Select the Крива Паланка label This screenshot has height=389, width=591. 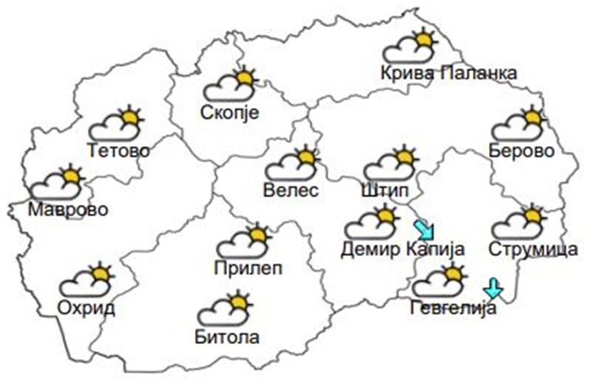[448, 73]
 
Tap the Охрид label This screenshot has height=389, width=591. [86, 307]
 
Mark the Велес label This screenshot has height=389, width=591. [290, 190]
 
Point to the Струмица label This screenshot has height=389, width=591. [533, 249]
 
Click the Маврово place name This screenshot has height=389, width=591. [68, 209]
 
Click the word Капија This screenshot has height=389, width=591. [435, 249]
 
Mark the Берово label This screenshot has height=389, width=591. [522, 151]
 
